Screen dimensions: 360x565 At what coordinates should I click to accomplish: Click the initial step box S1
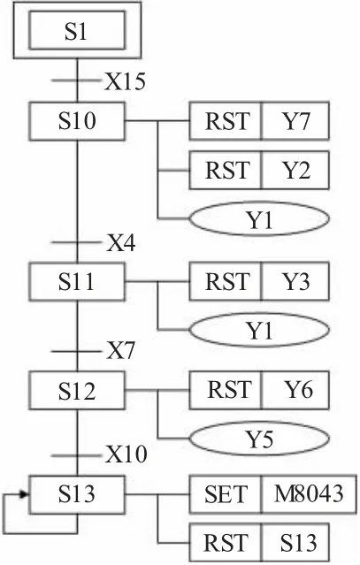(x=77, y=30)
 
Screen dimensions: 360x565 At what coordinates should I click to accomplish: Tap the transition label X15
(x=125, y=81)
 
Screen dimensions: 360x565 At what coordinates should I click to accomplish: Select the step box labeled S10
(x=77, y=121)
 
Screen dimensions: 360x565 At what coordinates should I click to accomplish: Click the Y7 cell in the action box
(x=295, y=121)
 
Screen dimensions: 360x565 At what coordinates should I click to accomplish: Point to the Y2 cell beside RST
(x=295, y=170)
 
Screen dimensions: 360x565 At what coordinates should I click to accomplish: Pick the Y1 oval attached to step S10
(x=259, y=218)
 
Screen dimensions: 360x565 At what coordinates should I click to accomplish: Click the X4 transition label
(x=120, y=243)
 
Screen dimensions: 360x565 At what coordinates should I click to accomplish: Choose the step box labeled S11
(x=77, y=281)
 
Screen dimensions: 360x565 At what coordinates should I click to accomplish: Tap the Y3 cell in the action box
(x=295, y=281)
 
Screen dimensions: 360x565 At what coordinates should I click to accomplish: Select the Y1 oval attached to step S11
(x=259, y=330)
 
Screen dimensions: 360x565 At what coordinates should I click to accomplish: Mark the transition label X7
(x=120, y=351)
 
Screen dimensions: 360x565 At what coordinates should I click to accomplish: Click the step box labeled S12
(x=77, y=391)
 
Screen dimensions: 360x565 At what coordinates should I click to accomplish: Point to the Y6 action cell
(x=295, y=391)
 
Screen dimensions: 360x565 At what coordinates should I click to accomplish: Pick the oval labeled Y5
(x=259, y=439)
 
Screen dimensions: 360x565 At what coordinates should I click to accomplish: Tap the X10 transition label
(x=126, y=454)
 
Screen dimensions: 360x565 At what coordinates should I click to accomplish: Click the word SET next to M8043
(x=226, y=494)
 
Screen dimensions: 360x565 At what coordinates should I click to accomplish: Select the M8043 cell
(x=309, y=494)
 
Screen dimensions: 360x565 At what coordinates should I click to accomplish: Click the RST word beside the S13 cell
(x=226, y=543)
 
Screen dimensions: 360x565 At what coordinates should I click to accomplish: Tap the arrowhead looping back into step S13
(x=24, y=494)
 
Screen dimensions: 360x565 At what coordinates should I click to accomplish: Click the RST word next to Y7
(x=227, y=121)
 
